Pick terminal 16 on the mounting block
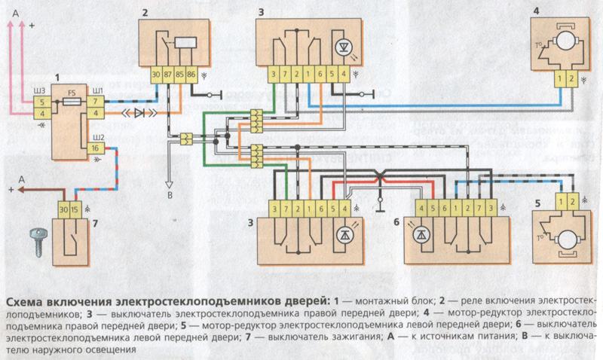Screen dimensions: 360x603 click(95, 148)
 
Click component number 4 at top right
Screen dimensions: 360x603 click(536, 11)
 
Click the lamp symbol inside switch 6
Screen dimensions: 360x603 click(422, 233)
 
